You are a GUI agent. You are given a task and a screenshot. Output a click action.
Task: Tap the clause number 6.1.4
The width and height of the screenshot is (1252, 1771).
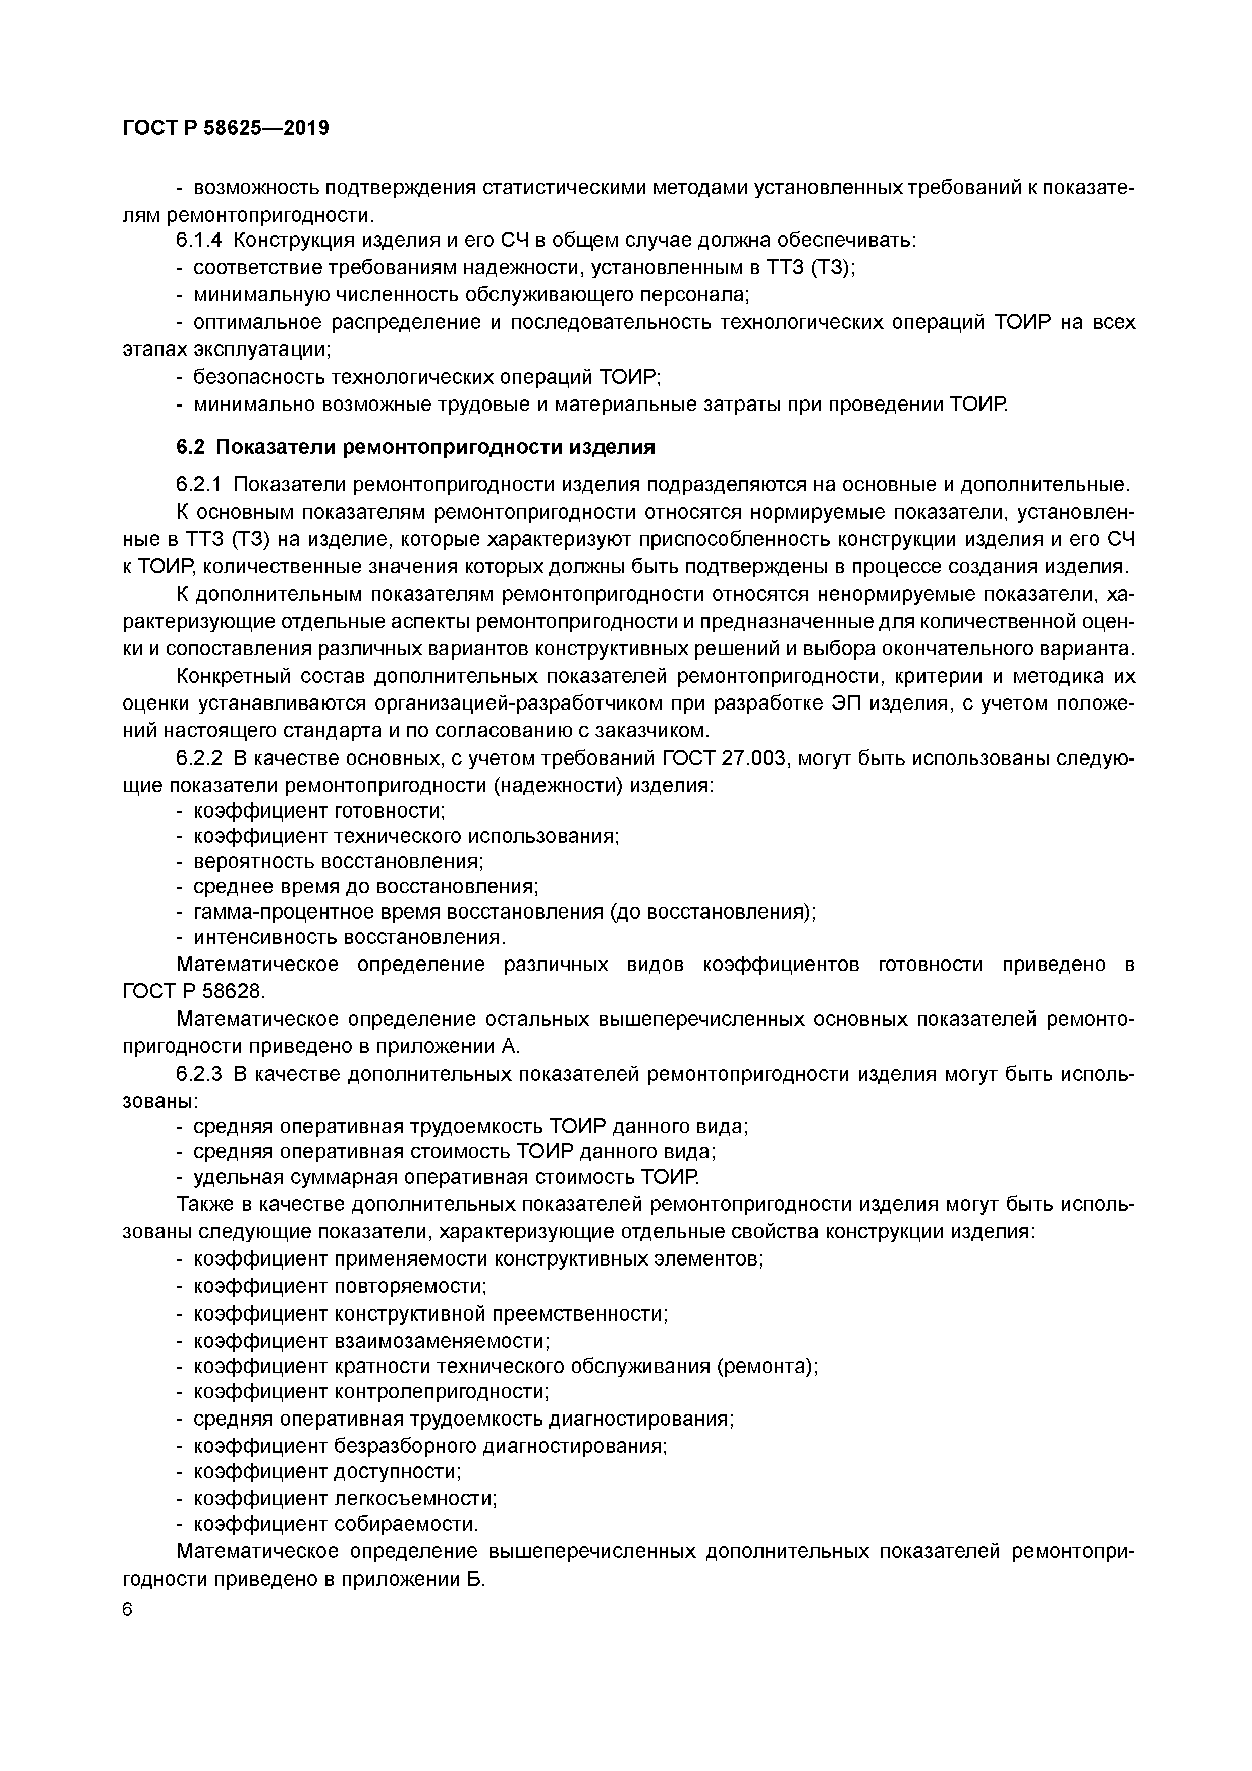[199, 240]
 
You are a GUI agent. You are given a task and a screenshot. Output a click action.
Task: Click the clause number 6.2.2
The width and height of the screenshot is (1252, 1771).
[199, 759]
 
